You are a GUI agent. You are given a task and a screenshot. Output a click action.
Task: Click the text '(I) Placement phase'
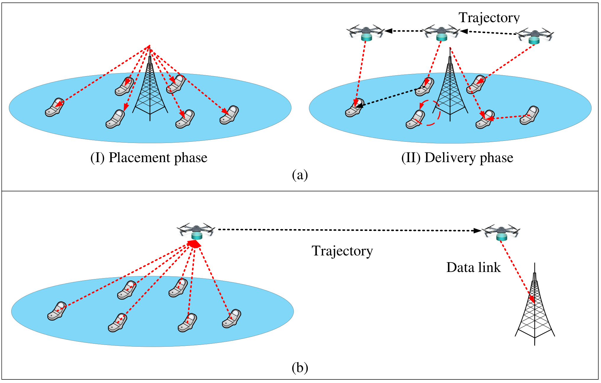coord(149,158)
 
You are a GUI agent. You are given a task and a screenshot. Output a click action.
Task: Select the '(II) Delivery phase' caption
coord(457,158)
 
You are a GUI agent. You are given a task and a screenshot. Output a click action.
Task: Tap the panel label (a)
coord(300,175)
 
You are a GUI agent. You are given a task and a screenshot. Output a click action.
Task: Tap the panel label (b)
coord(300,368)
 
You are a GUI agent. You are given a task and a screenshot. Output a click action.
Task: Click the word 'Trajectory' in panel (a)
coord(489,18)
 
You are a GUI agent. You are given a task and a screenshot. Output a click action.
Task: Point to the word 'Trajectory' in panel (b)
coord(342,251)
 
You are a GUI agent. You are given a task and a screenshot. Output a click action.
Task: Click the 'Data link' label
coord(473,267)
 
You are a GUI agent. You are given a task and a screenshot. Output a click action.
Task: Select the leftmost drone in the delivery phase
coord(366,32)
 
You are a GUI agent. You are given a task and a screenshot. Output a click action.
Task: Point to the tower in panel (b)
coord(535,304)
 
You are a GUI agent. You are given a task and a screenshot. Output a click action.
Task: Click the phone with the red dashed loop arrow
coord(415,119)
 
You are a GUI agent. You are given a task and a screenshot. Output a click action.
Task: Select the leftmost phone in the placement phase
coord(55,107)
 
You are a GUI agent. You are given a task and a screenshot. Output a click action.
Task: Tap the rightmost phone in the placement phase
coord(229,115)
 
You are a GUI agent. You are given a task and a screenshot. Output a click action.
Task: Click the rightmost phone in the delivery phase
coord(529,115)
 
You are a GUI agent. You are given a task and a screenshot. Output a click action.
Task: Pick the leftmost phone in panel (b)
coord(57,311)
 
